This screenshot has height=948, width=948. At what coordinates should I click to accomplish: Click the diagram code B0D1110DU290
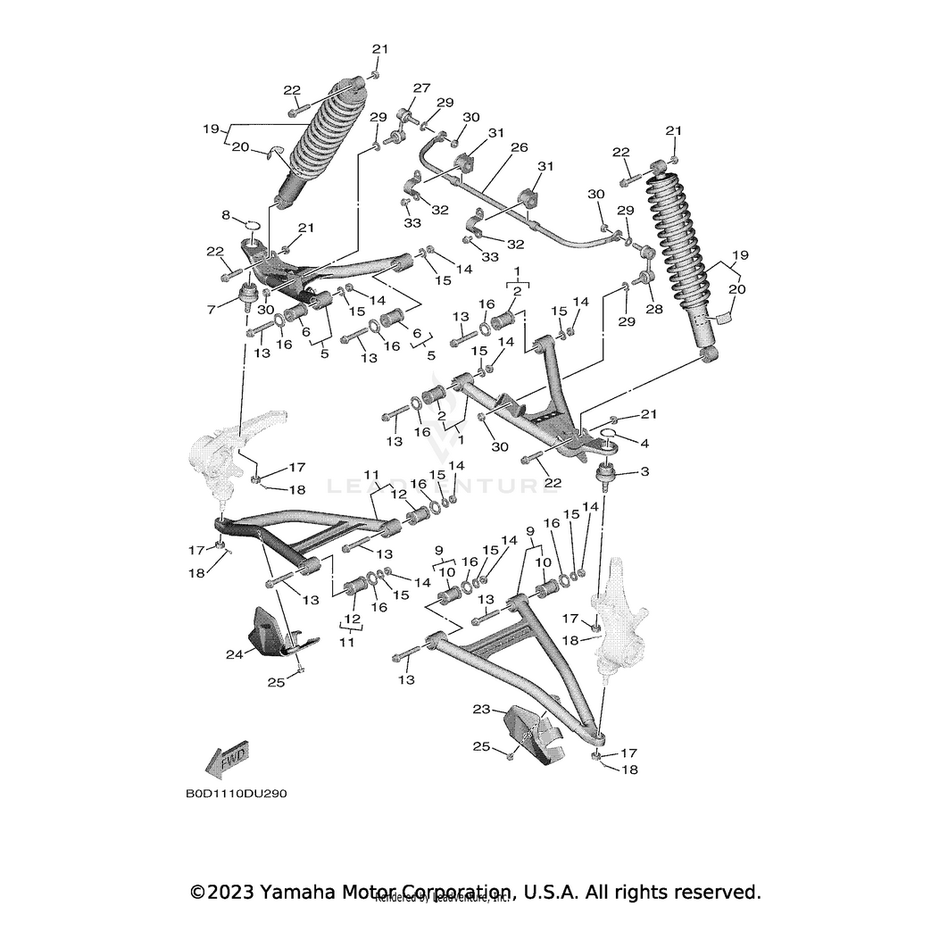pyautogui.click(x=237, y=793)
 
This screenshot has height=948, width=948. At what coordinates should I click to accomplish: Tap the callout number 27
pyautogui.click(x=421, y=88)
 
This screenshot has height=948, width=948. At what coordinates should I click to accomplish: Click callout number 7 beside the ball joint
pyautogui.click(x=212, y=310)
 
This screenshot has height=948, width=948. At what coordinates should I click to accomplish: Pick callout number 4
pyautogui.click(x=643, y=443)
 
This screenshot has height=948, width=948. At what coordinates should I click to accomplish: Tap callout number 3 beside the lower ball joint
pyautogui.click(x=644, y=471)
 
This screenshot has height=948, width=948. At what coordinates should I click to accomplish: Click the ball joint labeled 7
pyautogui.click(x=247, y=296)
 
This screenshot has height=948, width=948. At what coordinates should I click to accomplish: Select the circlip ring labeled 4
pyautogui.click(x=611, y=437)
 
